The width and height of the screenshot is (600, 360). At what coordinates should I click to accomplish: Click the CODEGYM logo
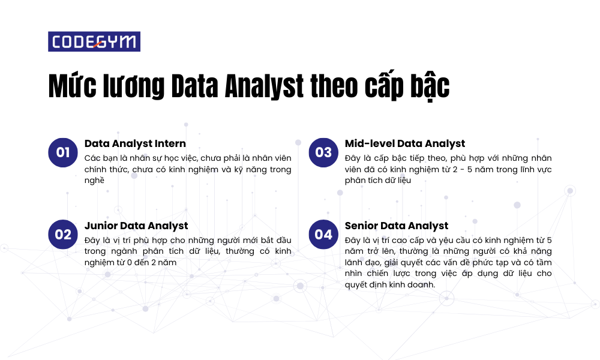(94, 41)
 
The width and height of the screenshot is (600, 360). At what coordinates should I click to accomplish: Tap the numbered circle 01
(63, 152)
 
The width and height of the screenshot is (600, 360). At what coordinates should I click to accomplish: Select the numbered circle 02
(63, 234)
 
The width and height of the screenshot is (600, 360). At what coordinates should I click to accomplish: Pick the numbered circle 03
(323, 152)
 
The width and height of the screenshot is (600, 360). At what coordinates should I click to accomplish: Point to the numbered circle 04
(323, 234)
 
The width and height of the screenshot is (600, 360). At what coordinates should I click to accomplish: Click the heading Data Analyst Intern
(135, 144)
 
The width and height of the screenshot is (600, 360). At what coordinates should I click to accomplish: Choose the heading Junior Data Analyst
(136, 226)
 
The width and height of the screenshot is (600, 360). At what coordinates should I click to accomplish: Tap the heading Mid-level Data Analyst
(405, 144)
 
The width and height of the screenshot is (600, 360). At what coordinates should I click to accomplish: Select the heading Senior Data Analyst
(397, 226)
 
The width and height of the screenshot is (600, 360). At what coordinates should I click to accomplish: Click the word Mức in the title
(73, 86)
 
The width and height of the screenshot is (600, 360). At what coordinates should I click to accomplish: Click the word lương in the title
(134, 88)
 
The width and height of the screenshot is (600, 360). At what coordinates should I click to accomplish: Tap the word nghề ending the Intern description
(94, 180)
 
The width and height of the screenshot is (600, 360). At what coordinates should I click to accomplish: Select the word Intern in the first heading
(170, 143)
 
